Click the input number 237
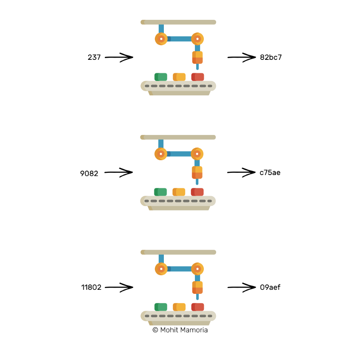click(x=94, y=58)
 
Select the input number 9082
click(x=89, y=172)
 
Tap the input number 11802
click(x=91, y=287)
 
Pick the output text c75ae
click(x=270, y=172)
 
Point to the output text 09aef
click(x=270, y=287)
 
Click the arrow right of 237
click(x=120, y=57)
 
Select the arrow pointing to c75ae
click(x=241, y=172)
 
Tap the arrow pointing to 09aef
click(x=241, y=287)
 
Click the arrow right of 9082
click(x=119, y=172)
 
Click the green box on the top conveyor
click(x=161, y=77)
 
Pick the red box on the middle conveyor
click(x=197, y=192)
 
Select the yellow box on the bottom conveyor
click(x=179, y=307)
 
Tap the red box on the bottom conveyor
click(x=198, y=307)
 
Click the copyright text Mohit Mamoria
click(x=180, y=330)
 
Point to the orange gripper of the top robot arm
click(x=198, y=58)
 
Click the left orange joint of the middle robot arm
click(x=161, y=154)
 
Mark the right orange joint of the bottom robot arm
click(x=197, y=269)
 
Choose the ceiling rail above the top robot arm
click(x=178, y=22)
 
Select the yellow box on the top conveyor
click(x=179, y=77)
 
